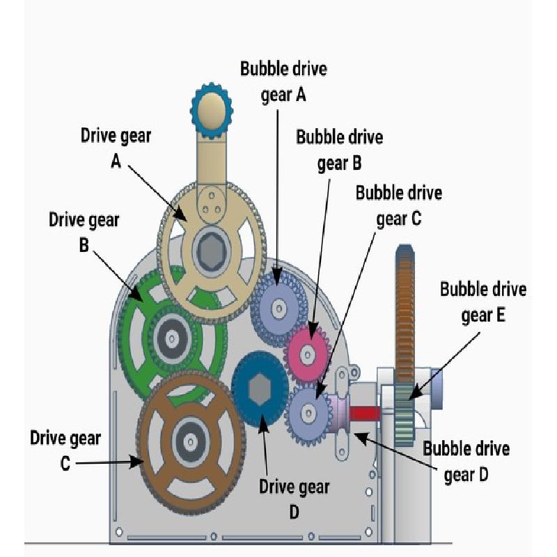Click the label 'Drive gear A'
[116, 148]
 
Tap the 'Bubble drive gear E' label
[483, 302]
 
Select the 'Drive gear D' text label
[294, 499]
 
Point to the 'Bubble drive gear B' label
[340, 150]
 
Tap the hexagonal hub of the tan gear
[212, 251]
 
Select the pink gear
[308, 354]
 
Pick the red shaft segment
[365, 414]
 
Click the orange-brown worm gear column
[405, 315]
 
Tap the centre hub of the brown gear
[191, 442]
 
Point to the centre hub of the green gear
[172, 337]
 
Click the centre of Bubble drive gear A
[279, 308]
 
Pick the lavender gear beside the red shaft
[308, 413]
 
